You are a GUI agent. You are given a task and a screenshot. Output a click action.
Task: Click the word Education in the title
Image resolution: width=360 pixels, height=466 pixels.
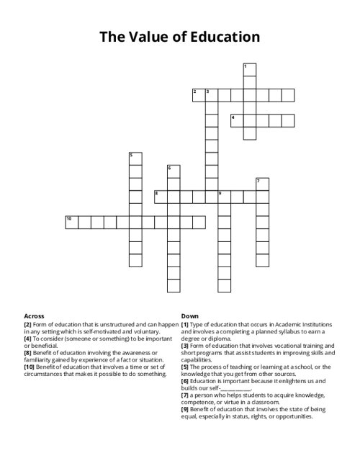[x=219, y=36]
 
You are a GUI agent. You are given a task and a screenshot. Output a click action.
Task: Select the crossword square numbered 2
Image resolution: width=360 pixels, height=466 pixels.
[x=198, y=95]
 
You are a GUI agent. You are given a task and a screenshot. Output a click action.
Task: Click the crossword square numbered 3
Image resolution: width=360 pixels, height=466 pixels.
[x=211, y=95]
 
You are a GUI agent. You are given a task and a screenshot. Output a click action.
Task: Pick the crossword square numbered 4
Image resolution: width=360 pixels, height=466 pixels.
[x=237, y=120]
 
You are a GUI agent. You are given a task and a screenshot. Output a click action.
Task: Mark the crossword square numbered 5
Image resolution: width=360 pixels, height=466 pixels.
[x=134, y=158]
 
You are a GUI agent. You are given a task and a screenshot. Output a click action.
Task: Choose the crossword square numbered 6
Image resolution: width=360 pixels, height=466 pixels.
[x=173, y=171]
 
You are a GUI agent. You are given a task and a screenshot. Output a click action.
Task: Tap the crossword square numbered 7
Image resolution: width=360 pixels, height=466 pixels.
[x=262, y=184]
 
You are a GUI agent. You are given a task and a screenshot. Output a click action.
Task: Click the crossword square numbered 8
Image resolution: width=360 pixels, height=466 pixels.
[x=160, y=197]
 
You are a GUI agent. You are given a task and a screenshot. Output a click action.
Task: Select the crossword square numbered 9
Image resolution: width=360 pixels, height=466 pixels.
[x=224, y=197]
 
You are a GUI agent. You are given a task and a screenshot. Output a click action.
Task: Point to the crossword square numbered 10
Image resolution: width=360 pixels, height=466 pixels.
[x=71, y=222]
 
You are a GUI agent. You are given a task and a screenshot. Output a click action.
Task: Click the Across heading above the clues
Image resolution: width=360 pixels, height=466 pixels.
[x=34, y=316]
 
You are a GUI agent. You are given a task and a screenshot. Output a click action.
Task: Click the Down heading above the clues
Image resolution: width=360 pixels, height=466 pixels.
[x=190, y=316]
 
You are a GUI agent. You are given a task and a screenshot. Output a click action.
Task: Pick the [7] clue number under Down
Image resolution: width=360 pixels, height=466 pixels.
[x=185, y=395]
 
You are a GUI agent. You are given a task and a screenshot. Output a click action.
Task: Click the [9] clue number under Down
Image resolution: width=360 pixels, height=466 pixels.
[x=185, y=409]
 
